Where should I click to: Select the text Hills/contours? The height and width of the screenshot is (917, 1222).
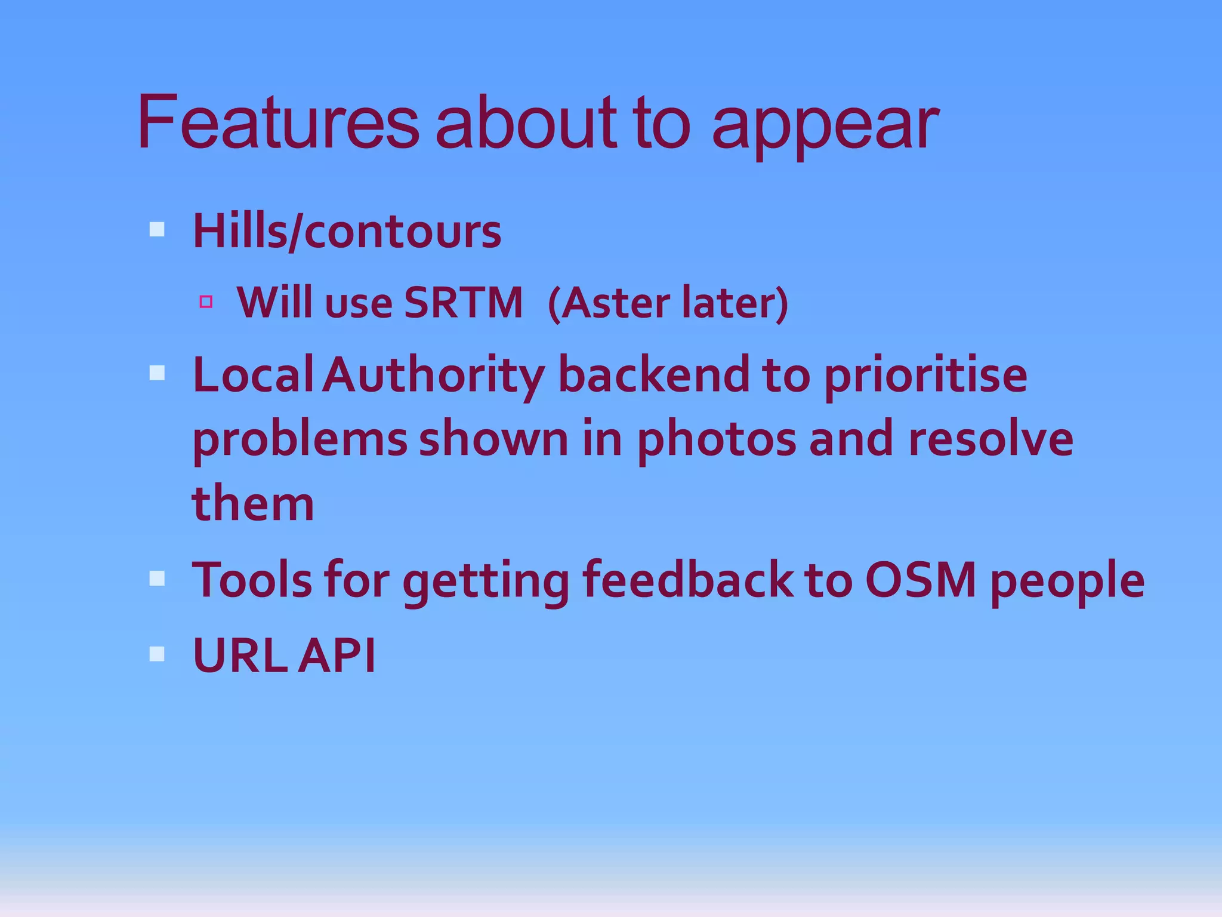click(347, 232)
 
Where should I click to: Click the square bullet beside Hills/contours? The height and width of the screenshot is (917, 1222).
click(157, 229)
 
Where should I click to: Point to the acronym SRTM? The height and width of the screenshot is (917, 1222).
click(463, 303)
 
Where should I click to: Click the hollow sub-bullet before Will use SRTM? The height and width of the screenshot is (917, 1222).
click(206, 301)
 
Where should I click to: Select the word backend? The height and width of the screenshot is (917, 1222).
click(653, 375)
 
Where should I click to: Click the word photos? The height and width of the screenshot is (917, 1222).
click(717, 441)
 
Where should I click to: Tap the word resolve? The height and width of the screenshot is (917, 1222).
click(990, 439)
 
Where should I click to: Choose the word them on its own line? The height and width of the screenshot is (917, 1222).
click(253, 503)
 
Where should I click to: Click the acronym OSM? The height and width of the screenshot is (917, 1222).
click(921, 579)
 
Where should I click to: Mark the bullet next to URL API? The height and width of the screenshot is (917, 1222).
click(157, 654)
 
